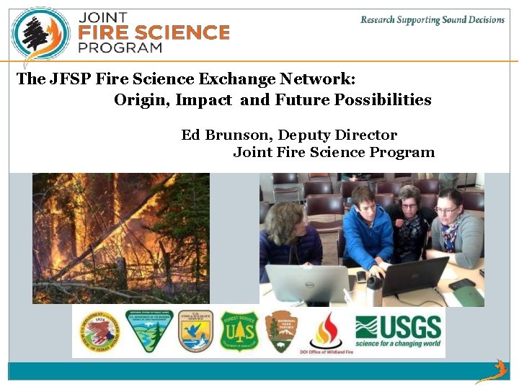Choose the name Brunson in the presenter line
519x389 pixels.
click(238, 135)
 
